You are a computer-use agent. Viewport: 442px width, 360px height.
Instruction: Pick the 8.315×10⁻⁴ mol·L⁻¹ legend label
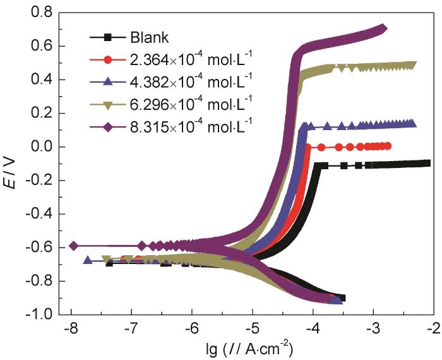[192, 126]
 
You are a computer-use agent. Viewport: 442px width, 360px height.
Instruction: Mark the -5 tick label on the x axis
[252, 328]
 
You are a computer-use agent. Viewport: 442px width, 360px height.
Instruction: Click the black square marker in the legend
[107, 37]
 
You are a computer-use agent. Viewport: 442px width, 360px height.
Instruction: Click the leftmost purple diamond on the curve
[73, 246]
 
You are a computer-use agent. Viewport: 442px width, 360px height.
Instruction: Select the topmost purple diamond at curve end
[382, 28]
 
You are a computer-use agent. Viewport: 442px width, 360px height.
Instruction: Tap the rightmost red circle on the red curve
[387, 146]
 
